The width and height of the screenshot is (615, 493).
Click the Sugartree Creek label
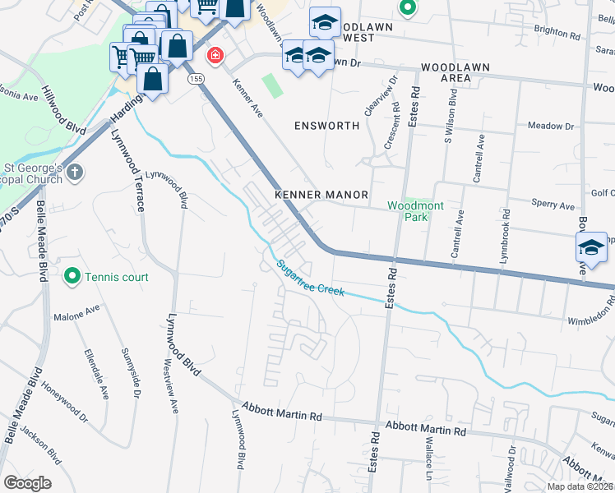[311, 279]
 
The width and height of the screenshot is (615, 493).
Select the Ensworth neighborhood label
[327, 126]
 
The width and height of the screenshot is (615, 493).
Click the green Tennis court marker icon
[72, 277]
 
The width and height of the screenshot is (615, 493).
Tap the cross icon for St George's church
[75, 173]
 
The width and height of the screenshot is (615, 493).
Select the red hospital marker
[215, 56]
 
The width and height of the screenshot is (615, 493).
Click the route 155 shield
[195, 79]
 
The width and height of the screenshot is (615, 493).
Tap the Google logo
[27, 482]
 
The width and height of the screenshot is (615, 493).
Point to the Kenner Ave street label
[247, 99]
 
